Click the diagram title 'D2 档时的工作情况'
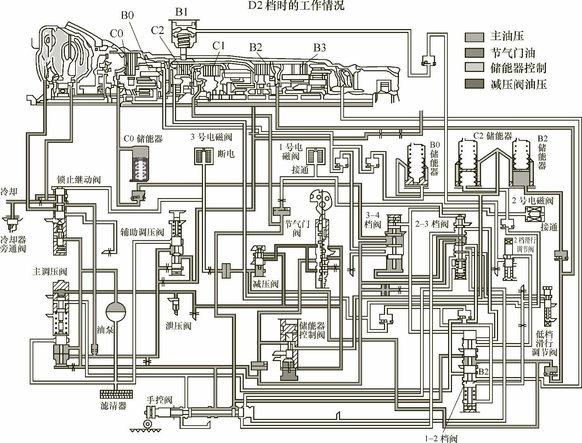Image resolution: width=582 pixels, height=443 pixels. (296, 5)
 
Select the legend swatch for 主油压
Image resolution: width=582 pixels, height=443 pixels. (474, 37)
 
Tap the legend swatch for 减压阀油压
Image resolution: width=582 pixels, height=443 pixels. (474, 84)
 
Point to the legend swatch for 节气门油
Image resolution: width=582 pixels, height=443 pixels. (474, 53)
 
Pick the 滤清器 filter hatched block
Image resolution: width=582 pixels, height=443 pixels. (116, 394)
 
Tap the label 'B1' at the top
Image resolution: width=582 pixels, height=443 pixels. (181, 12)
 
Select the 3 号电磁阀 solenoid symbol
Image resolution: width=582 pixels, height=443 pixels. (203, 156)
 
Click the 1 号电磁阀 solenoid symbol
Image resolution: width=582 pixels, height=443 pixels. (316, 156)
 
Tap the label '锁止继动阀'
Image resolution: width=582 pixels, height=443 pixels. (79, 179)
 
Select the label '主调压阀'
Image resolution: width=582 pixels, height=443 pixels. (49, 271)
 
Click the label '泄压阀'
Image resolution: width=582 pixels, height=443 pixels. (178, 325)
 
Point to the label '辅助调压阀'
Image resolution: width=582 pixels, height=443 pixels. (142, 232)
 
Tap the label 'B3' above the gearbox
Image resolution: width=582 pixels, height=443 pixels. (320, 47)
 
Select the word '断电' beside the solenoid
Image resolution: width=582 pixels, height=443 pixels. (226, 154)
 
